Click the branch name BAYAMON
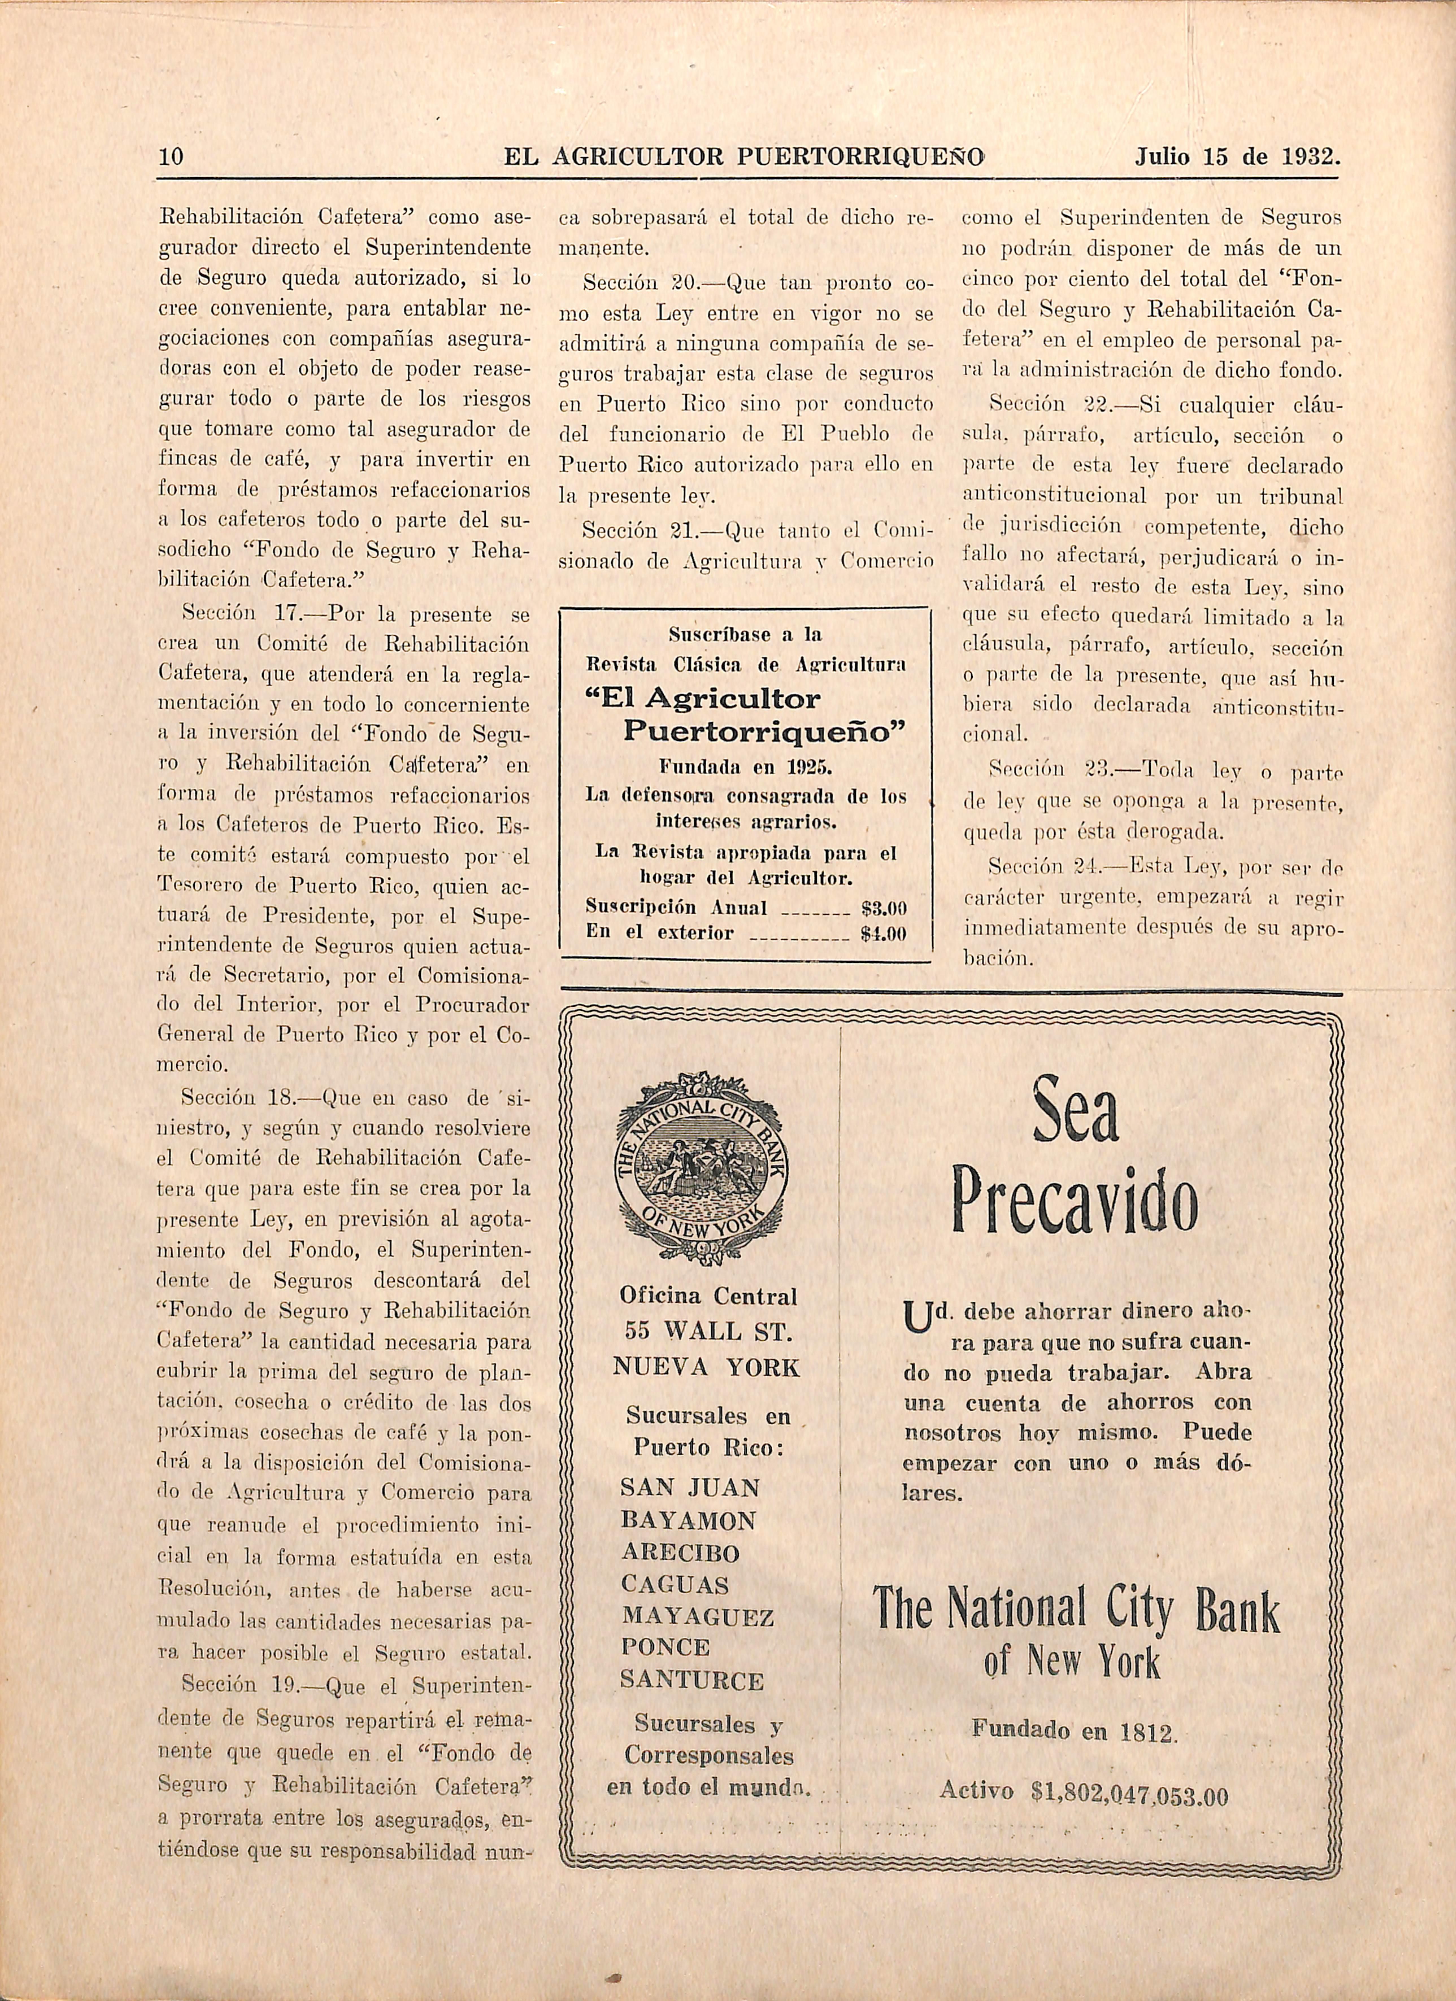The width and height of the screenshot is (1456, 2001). pyautogui.click(x=688, y=1520)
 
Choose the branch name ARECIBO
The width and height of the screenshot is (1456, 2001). pyautogui.click(x=679, y=1553)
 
